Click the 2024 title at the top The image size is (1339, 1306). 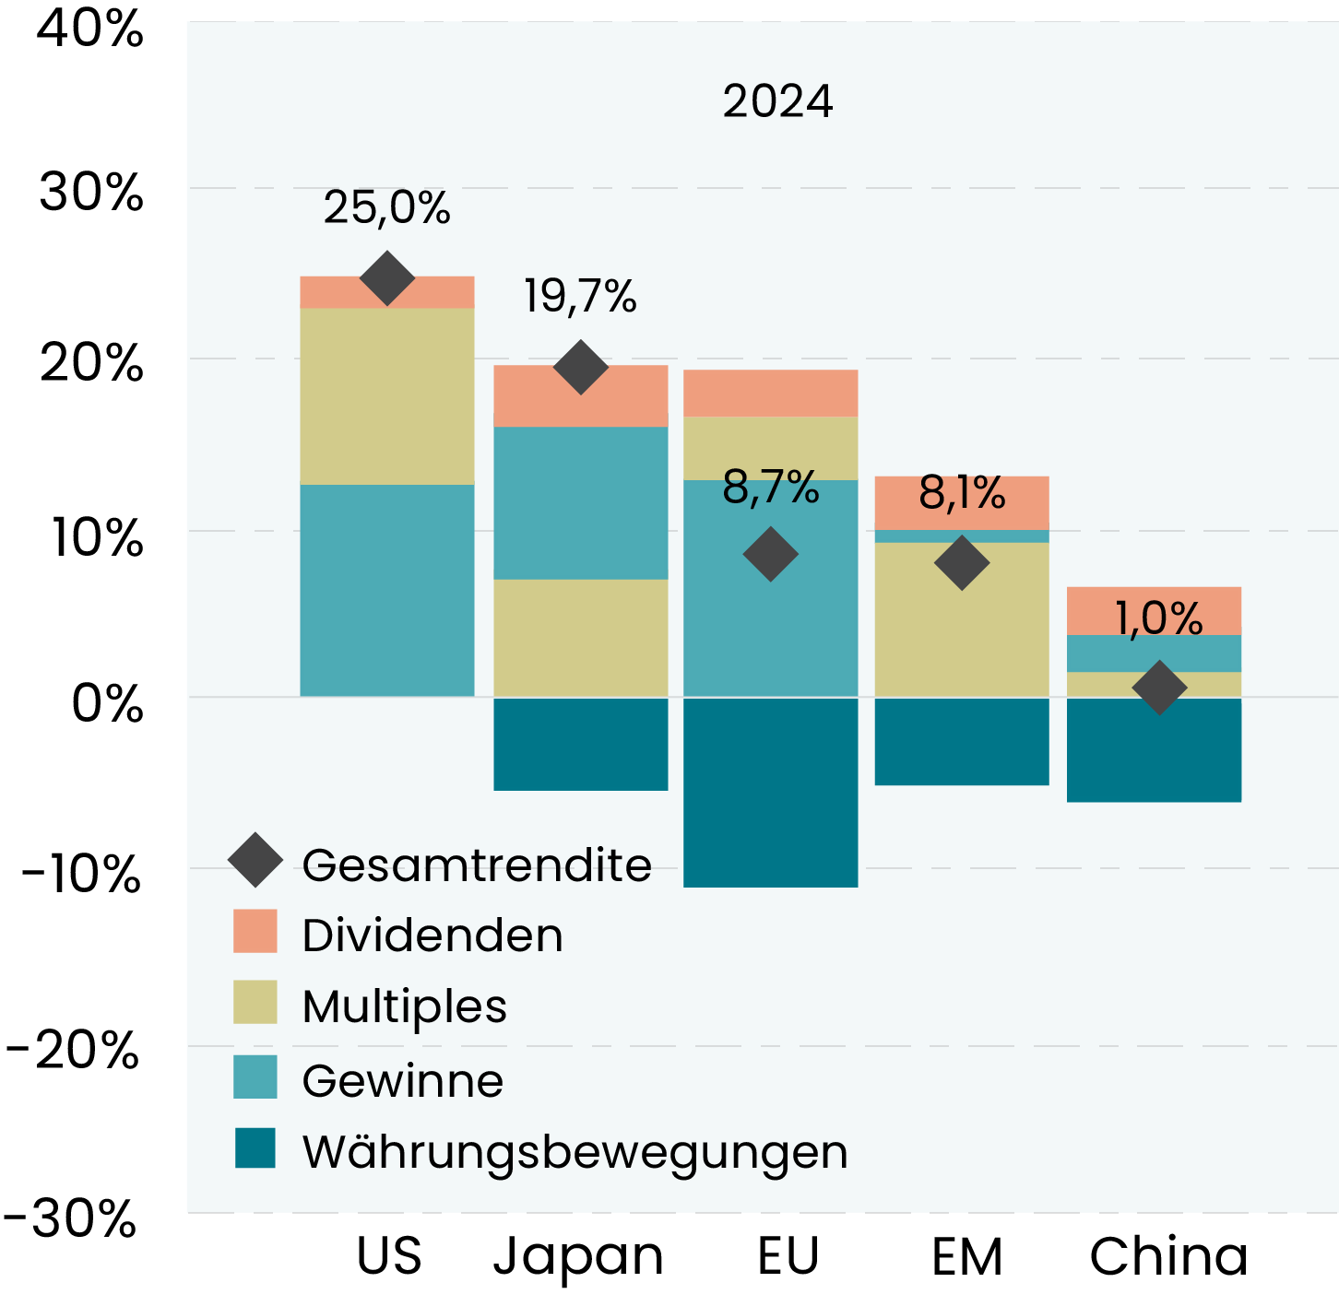pyautogui.click(x=777, y=101)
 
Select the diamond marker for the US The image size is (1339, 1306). pyautogui.click(x=387, y=277)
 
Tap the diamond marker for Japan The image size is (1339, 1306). pyautogui.click(x=580, y=367)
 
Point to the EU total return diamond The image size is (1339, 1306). pyautogui.click(x=770, y=554)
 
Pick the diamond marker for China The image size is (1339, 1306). pyautogui.click(x=1159, y=687)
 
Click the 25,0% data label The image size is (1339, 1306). pyautogui.click(x=386, y=208)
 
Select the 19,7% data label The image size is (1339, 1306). pyautogui.click(x=580, y=297)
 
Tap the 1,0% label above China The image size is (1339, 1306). pyautogui.click(x=1158, y=618)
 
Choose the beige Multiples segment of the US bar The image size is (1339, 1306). pyautogui.click(x=387, y=396)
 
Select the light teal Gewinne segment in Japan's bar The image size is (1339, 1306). pyautogui.click(x=581, y=502)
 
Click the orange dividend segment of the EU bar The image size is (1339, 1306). pyautogui.click(x=771, y=394)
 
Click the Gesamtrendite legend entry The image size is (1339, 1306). pyautogui.click(x=476, y=865)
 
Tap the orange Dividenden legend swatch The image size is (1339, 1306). pyautogui.click(x=255, y=931)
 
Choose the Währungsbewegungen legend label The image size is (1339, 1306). pyautogui.click(x=575, y=1152)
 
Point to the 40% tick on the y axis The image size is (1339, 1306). pyautogui.click(x=90, y=29)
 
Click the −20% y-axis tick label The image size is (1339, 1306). pyautogui.click(x=72, y=1050)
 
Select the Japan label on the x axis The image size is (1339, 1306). pyautogui.click(x=578, y=1256)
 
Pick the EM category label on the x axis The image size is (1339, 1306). pyautogui.click(x=966, y=1256)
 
